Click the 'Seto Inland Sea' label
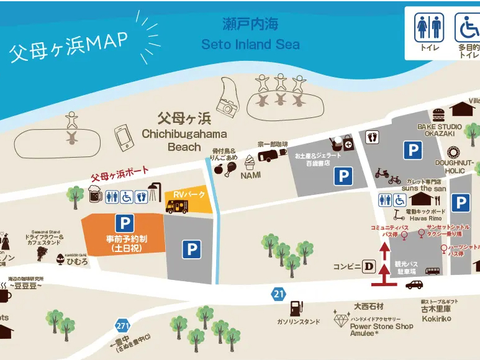pos(250,45)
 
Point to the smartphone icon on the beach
pos(124,137)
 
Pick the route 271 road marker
pos(122,325)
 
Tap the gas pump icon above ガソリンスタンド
pos(296,308)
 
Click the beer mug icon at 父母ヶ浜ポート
pos(95,196)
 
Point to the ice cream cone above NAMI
pos(250,163)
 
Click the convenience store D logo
pos(369,267)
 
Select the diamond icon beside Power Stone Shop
pos(341,321)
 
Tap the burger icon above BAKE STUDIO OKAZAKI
pos(439,115)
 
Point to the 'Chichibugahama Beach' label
pos(184,140)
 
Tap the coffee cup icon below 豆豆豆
pos(4,295)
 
